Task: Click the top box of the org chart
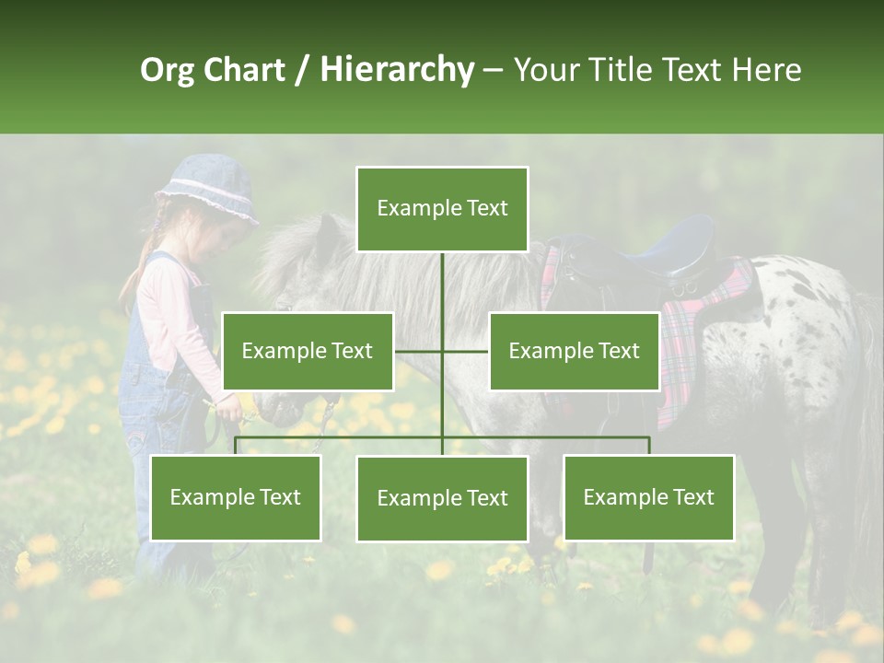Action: pos(442,209)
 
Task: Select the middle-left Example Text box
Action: pos(308,351)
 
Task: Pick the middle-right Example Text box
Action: pos(574,351)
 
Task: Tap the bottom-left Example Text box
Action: pos(235,497)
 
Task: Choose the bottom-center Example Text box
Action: pos(442,498)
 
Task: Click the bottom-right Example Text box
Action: pos(648,497)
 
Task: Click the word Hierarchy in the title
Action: pos(397,69)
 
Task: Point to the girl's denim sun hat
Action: pos(208,188)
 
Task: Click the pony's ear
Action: pos(328,238)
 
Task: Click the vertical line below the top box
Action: pos(442,285)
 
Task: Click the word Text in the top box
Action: pos(485,208)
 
